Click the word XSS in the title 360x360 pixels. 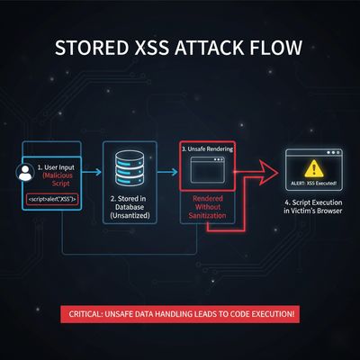pyautogui.click(x=157, y=46)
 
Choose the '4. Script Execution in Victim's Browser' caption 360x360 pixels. pyautogui.click(x=313, y=215)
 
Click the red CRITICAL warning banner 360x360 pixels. pyautogui.click(x=180, y=313)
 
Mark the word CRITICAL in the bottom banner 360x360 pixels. pyautogui.click(x=91, y=313)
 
